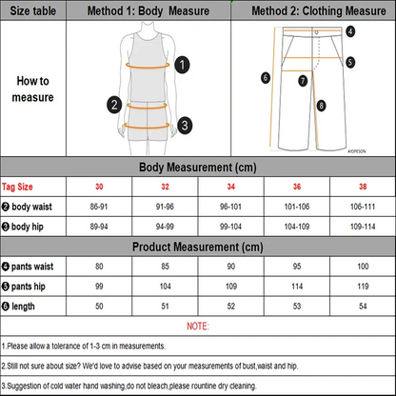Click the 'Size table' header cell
(x=32, y=11)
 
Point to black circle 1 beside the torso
(x=183, y=65)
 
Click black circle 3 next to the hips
(x=184, y=123)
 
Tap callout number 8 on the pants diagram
(x=322, y=106)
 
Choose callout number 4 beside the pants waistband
(x=350, y=31)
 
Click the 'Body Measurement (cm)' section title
(x=198, y=167)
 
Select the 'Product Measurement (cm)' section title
(x=198, y=247)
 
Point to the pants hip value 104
(x=166, y=287)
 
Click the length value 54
(x=362, y=307)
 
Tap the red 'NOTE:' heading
(x=197, y=327)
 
